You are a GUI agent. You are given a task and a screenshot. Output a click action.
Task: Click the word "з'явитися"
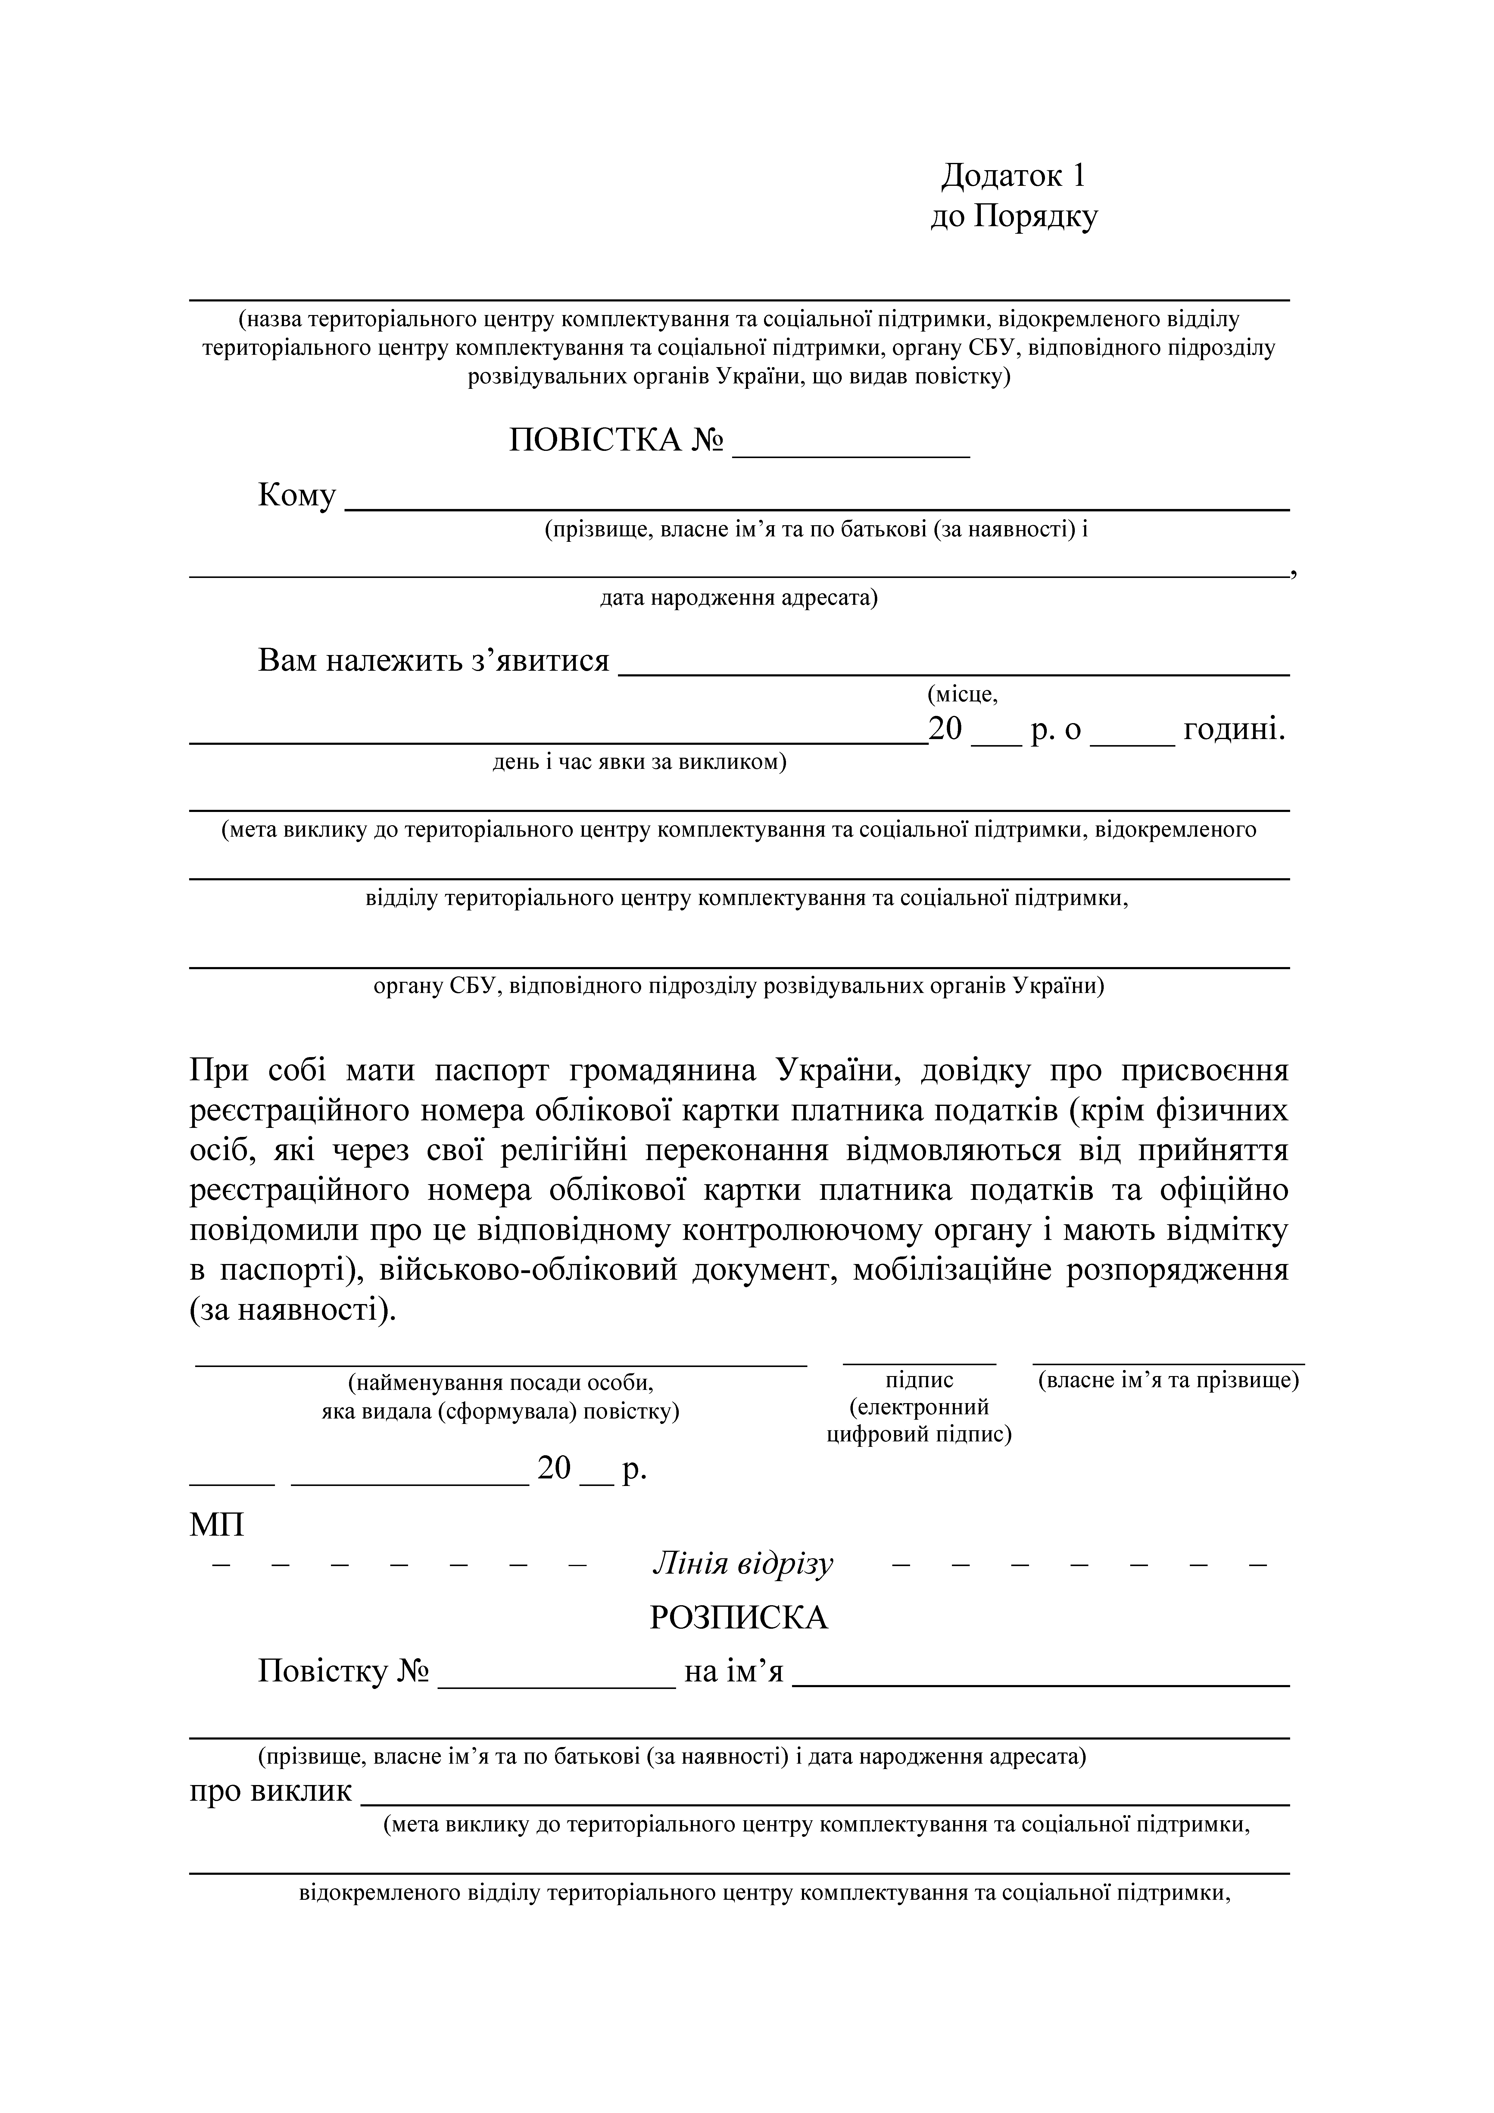pyautogui.click(x=540, y=661)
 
